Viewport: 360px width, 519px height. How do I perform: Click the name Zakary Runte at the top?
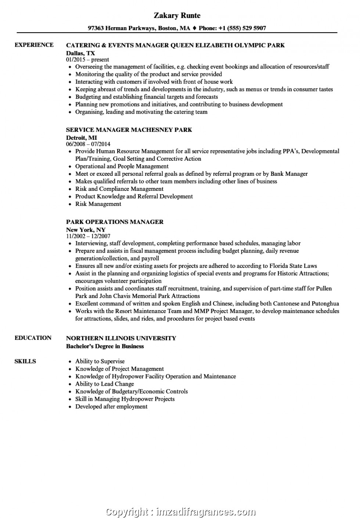pos(177,15)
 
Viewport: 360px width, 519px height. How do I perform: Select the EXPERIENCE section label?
pos(34,45)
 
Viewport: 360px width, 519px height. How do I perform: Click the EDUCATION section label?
pos(33,338)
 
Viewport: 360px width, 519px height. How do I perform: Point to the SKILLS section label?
pos(25,361)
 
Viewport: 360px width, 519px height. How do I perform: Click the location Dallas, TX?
pos(80,53)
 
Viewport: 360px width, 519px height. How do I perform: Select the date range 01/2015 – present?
pos(87,59)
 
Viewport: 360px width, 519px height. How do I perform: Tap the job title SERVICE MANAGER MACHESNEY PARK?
pos(129,130)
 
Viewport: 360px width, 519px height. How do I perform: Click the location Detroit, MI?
pos(81,138)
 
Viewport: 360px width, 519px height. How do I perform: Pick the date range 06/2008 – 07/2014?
pos(88,144)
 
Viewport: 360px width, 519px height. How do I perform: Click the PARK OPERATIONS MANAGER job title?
pos(115,222)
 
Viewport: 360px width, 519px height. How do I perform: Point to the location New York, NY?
pos(86,230)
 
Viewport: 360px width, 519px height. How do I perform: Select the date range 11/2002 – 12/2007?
pos(88,236)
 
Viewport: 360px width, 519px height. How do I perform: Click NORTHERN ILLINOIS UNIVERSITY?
pos(121,338)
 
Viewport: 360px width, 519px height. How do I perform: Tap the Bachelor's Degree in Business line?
pos(105,346)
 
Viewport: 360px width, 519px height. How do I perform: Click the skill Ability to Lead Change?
pos(105,384)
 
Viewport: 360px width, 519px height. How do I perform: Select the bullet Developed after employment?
pos(111,407)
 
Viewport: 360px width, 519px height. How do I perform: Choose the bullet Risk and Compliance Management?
pos(119,189)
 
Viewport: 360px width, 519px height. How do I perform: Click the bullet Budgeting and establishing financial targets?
pos(147,97)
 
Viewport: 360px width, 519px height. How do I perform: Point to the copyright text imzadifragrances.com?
pos(204,511)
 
